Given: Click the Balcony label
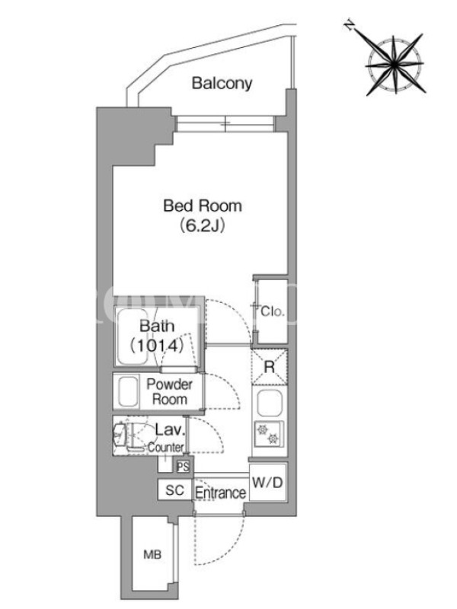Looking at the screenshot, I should click(222, 83).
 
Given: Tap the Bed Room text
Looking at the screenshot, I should click(203, 206).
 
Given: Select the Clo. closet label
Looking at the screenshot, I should click(272, 311).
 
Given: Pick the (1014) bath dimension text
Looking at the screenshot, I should click(157, 346).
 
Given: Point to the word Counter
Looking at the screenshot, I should click(166, 448).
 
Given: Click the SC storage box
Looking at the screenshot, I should click(174, 491).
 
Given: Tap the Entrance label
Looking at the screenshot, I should click(220, 493).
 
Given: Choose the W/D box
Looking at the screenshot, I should click(267, 482).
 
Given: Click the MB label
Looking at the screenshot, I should click(153, 556).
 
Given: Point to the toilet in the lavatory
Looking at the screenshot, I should click(122, 436).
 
